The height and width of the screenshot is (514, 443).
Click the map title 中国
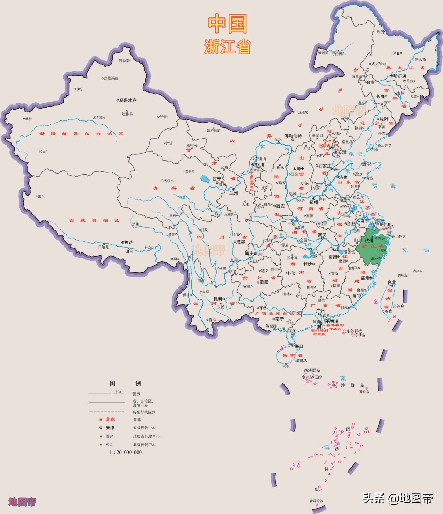[228, 24]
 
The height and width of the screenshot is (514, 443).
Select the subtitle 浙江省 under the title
[228, 46]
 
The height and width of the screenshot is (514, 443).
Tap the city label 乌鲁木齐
[128, 100]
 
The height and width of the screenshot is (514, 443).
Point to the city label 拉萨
[128, 242]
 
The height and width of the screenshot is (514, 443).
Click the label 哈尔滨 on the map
[400, 76]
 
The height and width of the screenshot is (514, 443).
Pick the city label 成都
[240, 242]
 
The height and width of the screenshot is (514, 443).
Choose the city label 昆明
[218, 299]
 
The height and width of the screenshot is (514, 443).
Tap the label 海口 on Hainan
[299, 346]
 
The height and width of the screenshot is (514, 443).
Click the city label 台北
[392, 282]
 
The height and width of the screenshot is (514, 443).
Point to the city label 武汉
[322, 235]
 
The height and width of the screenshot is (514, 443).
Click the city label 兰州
[234, 193]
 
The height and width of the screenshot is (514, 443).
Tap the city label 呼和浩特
[293, 136]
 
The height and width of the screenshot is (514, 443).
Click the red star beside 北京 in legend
[101, 419]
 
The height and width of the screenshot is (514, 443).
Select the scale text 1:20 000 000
[125, 452]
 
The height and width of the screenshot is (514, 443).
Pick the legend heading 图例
[125, 383]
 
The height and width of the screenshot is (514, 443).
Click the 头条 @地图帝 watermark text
[398, 498]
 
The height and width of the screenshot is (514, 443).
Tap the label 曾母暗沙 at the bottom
[316, 501]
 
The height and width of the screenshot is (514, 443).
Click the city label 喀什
[29, 119]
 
